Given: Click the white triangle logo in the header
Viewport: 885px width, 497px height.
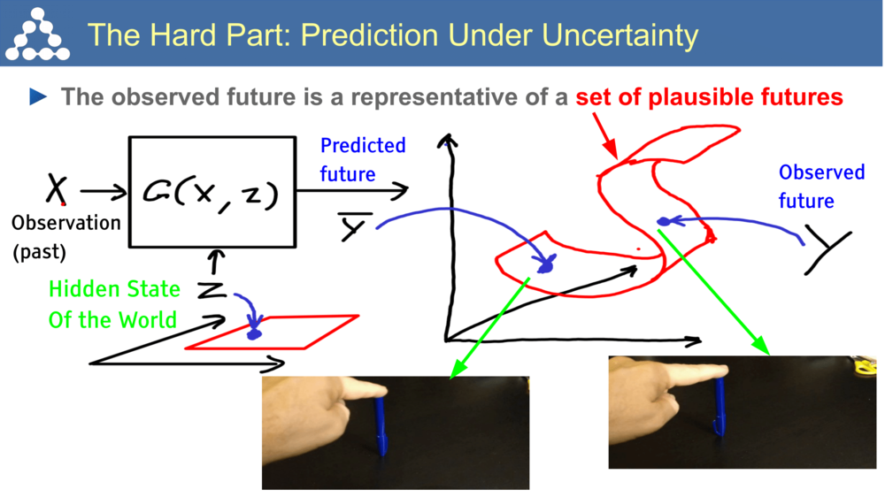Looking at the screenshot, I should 36,34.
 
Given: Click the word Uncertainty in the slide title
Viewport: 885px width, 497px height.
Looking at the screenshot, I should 619,34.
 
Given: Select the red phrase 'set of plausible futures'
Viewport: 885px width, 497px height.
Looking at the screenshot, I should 709,96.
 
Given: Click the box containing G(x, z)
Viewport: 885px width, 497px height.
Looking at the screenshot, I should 212,192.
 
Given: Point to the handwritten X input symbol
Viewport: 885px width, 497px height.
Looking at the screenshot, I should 57,189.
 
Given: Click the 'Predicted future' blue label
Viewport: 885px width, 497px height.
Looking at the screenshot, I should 362,159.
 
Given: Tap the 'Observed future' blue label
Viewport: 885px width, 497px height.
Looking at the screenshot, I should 820,186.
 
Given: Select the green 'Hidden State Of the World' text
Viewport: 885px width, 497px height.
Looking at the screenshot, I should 114,303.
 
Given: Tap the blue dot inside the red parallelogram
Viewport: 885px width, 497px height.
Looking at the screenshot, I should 255,333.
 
